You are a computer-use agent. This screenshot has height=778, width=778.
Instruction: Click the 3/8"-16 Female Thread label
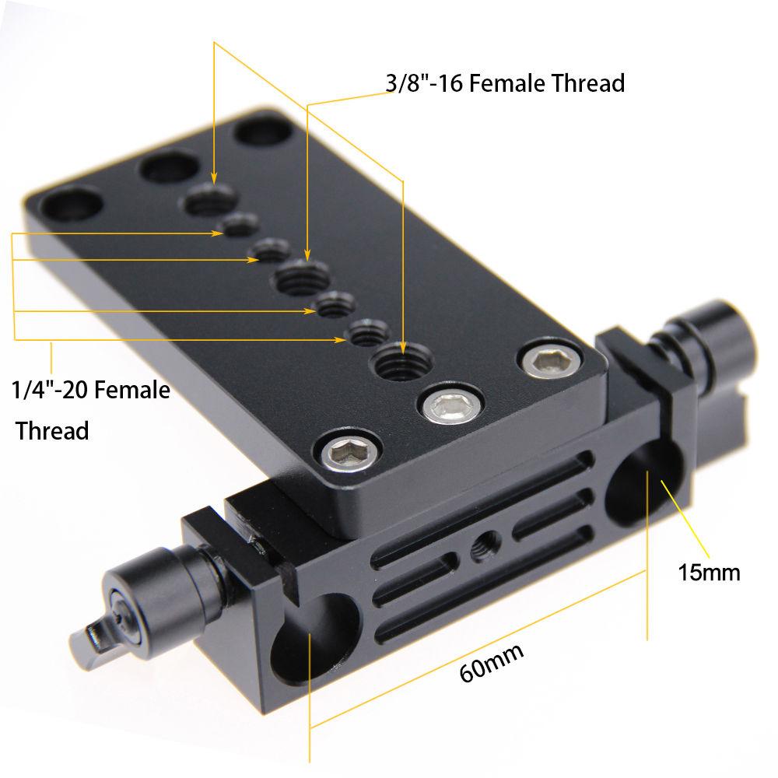click(505, 82)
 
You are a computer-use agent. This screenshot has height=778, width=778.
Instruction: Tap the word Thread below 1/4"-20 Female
click(52, 429)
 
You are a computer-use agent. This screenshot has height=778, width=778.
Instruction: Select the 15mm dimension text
click(708, 573)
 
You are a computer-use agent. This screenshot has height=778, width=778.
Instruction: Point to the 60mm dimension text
click(492, 663)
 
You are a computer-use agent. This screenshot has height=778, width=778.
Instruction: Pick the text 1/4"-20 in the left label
click(47, 389)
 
